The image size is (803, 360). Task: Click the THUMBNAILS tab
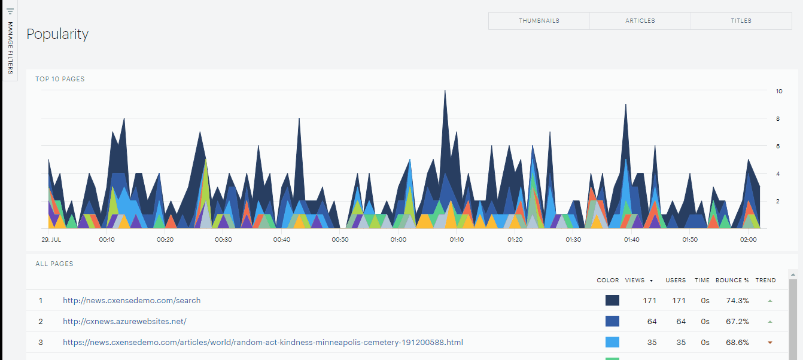tap(539, 21)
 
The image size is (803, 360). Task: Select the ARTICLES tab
tap(640, 21)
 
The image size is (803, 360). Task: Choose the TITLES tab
tap(741, 21)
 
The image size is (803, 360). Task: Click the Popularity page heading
tap(57, 34)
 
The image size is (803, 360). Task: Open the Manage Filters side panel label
tap(10, 48)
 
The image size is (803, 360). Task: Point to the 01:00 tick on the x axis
tap(399, 240)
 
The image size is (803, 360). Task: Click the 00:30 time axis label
tap(223, 240)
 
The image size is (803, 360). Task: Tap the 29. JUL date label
tap(51, 240)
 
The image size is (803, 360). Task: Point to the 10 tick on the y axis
tap(779, 91)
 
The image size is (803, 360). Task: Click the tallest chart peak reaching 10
tap(445, 91)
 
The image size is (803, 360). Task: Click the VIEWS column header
tap(634, 280)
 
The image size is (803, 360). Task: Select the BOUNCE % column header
tap(732, 280)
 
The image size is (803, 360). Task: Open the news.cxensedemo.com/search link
tap(132, 301)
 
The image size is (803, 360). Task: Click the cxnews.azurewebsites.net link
tap(124, 321)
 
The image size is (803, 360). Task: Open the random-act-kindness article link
tap(263, 343)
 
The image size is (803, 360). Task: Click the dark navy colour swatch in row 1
tap(612, 300)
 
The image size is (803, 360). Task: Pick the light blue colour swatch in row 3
tap(612, 342)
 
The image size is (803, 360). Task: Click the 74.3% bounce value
tap(737, 301)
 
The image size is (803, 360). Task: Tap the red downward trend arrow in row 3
tap(769, 343)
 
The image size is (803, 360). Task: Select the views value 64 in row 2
tap(652, 322)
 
